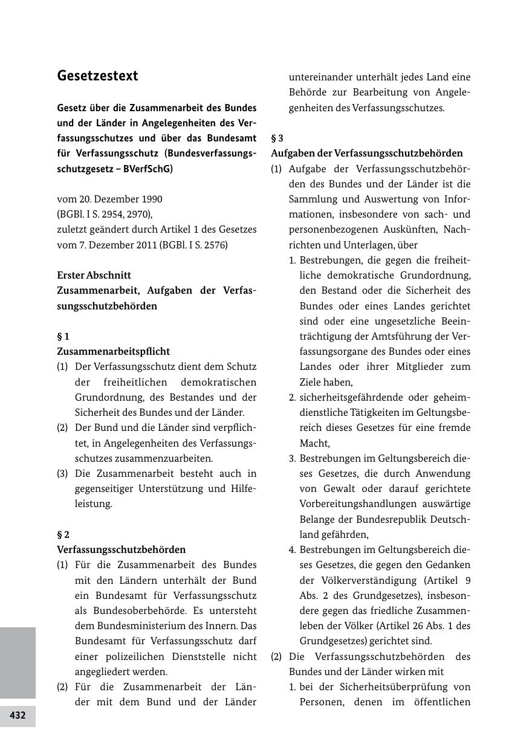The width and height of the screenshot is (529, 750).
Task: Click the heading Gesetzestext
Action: pyautogui.click(x=97, y=76)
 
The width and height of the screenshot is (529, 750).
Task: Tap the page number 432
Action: pyautogui.click(x=18, y=716)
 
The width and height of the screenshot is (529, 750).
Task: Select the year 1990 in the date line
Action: pyautogui.click(x=151, y=199)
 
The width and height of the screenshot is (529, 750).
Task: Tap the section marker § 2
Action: pyautogui.click(x=63, y=535)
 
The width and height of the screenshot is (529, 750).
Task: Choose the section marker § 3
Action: pyautogui.click(x=277, y=138)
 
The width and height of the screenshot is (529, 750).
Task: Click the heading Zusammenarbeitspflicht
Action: pyautogui.click(x=113, y=352)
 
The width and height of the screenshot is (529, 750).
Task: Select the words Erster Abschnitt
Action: pyautogui.click(x=94, y=276)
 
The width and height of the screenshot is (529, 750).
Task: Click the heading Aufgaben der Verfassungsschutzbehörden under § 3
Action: pyautogui.click(x=366, y=154)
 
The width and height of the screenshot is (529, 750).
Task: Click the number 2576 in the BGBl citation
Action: pyautogui.click(x=214, y=245)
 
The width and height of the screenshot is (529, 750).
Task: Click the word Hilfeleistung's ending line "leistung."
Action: pyautogui.click(x=93, y=504)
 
